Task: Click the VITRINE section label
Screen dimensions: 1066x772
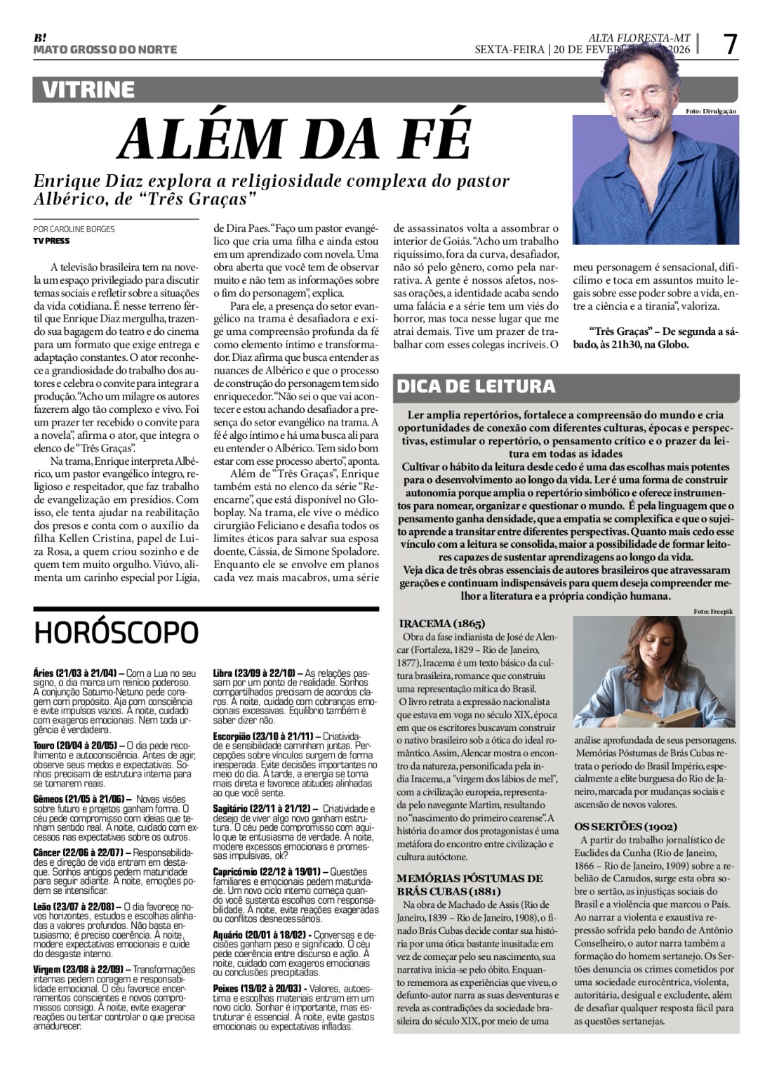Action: (x=88, y=90)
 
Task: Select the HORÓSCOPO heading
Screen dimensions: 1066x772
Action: (x=117, y=632)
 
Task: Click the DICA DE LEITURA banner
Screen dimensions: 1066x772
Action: (x=477, y=386)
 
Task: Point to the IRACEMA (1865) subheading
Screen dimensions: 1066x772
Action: (x=441, y=623)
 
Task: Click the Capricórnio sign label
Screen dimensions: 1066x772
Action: (x=237, y=872)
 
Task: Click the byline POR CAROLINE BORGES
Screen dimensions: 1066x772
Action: (x=74, y=229)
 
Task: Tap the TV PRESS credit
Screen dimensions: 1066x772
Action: (x=51, y=240)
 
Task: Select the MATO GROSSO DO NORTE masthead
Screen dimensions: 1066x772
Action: (x=105, y=50)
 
